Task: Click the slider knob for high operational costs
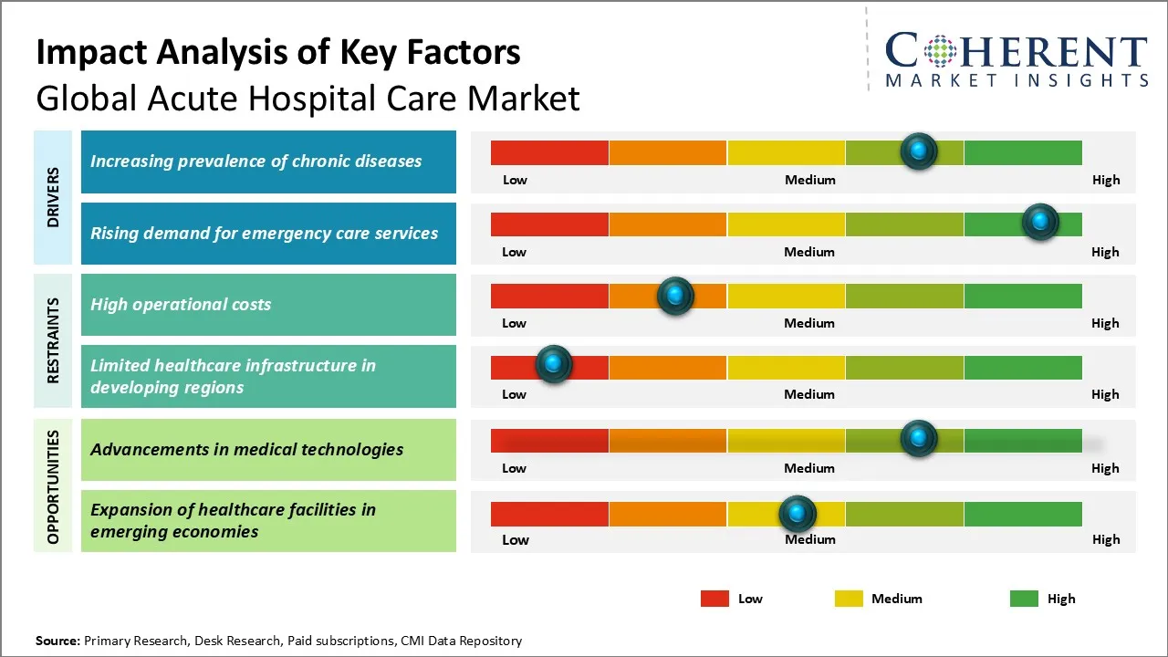[x=675, y=296]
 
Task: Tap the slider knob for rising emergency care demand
[x=1039, y=222]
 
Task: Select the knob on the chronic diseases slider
[x=919, y=151]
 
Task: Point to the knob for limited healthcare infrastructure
[x=553, y=364]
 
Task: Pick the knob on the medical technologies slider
[x=919, y=438]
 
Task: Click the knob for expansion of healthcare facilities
[x=798, y=514]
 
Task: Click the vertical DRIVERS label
[x=53, y=197]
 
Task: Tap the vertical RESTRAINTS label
[x=53, y=339]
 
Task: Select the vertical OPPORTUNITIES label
[x=53, y=486]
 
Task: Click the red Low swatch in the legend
[x=714, y=599]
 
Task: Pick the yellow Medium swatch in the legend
[x=849, y=599]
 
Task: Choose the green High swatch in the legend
[x=1024, y=599]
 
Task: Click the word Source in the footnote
[x=57, y=641]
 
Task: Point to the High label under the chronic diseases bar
[x=1106, y=180]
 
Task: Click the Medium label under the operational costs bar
[x=809, y=323]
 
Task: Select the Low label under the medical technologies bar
[x=514, y=468]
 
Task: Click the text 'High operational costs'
[x=181, y=305]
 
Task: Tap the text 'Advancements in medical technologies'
[x=246, y=449]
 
